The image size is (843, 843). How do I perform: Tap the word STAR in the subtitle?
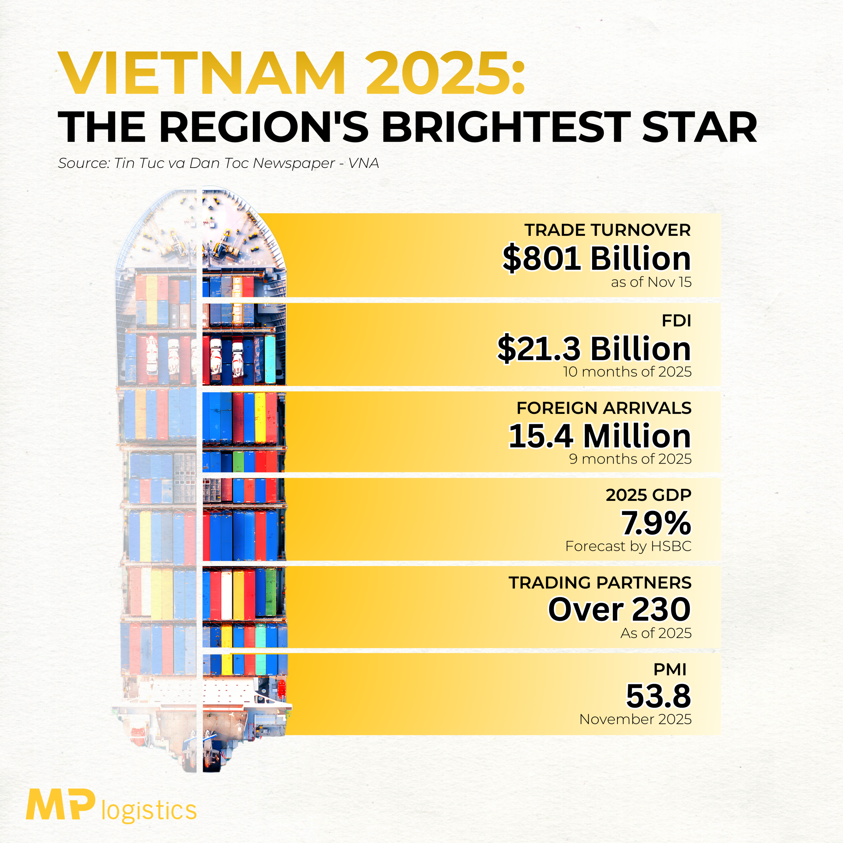click(x=699, y=127)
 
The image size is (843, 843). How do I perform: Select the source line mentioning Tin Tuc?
click(x=218, y=163)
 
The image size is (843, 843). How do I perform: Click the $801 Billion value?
click(x=596, y=258)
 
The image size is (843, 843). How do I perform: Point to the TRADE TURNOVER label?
click(x=607, y=230)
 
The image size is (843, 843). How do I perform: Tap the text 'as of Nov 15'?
click(x=651, y=282)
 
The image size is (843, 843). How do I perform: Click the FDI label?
click(x=676, y=321)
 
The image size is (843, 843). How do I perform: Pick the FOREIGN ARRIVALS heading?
click(x=604, y=408)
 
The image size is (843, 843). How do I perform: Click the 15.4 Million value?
click(x=600, y=436)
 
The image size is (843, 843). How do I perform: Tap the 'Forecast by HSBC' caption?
click(x=628, y=546)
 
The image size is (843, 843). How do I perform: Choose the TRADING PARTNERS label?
click(x=600, y=583)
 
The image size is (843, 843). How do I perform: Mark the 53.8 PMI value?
click(x=659, y=696)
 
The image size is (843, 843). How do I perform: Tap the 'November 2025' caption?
click(x=635, y=720)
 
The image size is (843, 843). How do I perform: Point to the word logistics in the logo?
click(x=149, y=811)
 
